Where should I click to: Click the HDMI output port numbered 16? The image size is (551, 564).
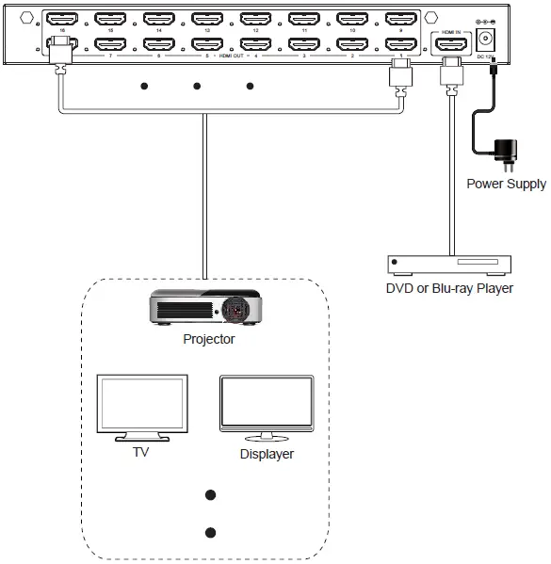point(62,18)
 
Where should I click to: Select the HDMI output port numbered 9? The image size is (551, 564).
point(400,18)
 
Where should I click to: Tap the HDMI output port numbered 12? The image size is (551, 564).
point(255,18)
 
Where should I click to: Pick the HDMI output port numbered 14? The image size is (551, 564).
point(158,18)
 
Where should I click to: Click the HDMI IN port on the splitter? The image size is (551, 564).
point(449,42)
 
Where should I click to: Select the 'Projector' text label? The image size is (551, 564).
point(209,339)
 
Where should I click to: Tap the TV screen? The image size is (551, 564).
point(142,402)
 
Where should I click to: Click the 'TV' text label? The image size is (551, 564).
point(142,453)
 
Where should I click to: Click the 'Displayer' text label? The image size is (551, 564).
point(267,454)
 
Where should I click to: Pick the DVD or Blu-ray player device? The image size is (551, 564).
point(449,265)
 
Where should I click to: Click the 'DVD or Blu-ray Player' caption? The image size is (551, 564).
point(449,288)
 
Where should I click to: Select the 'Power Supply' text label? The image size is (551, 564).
point(506,184)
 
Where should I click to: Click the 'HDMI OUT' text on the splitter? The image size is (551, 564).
point(232,56)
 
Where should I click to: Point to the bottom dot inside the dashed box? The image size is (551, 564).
point(210,531)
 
